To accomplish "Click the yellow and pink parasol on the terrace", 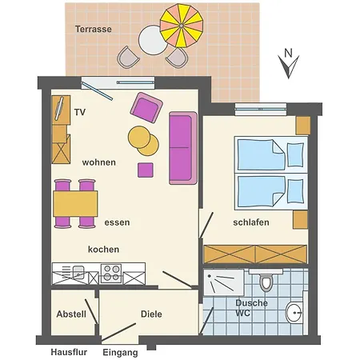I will click(x=182, y=27).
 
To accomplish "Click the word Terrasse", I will click(x=94, y=29).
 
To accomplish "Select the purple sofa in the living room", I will click(x=182, y=148).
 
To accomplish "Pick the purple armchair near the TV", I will click(x=146, y=108).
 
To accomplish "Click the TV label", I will click(x=80, y=113).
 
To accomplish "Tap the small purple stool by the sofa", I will click(x=146, y=170).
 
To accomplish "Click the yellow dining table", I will click(x=75, y=204).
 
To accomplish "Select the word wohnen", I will click(x=99, y=162).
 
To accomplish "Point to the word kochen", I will click(x=103, y=249).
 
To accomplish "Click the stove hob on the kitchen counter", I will click(x=110, y=274).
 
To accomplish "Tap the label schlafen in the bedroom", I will click(x=251, y=222).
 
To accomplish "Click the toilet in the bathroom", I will click(x=266, y=282).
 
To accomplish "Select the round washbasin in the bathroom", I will click(x=294, y=313).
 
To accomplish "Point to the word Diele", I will click(x=151, y=314).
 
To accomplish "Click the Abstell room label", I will click(x=71, y=314).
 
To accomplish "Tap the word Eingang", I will click(x=120, y=352).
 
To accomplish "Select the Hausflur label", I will click(x=68, y=351).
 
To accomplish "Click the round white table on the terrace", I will click(x=150, y=39).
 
